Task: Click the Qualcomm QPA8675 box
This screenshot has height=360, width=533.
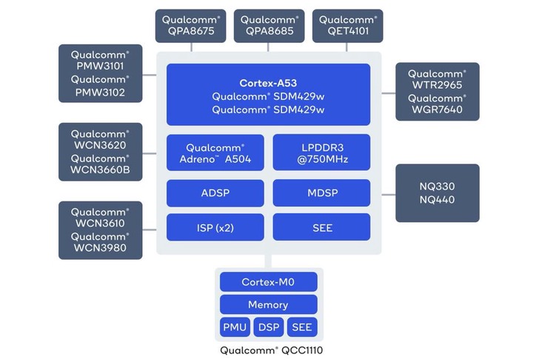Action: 192,26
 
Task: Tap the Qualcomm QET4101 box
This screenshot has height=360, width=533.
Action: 348,26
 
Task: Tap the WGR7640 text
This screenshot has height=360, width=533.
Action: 437,110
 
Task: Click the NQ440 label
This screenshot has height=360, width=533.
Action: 437,200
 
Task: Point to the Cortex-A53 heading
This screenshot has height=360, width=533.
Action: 268,83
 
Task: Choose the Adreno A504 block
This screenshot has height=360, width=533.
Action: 215,153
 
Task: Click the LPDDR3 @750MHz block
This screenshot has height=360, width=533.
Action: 321,153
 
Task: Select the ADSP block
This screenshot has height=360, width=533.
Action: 215,193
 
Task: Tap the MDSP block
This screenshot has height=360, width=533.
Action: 321,193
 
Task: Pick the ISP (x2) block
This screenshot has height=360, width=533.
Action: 215,227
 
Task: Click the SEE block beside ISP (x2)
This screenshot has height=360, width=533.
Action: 321,227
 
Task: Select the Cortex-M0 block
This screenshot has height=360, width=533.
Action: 268,282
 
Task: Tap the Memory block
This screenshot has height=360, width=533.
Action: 268,304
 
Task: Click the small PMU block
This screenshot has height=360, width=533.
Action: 235,327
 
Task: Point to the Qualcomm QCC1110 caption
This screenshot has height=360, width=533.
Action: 269,350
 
